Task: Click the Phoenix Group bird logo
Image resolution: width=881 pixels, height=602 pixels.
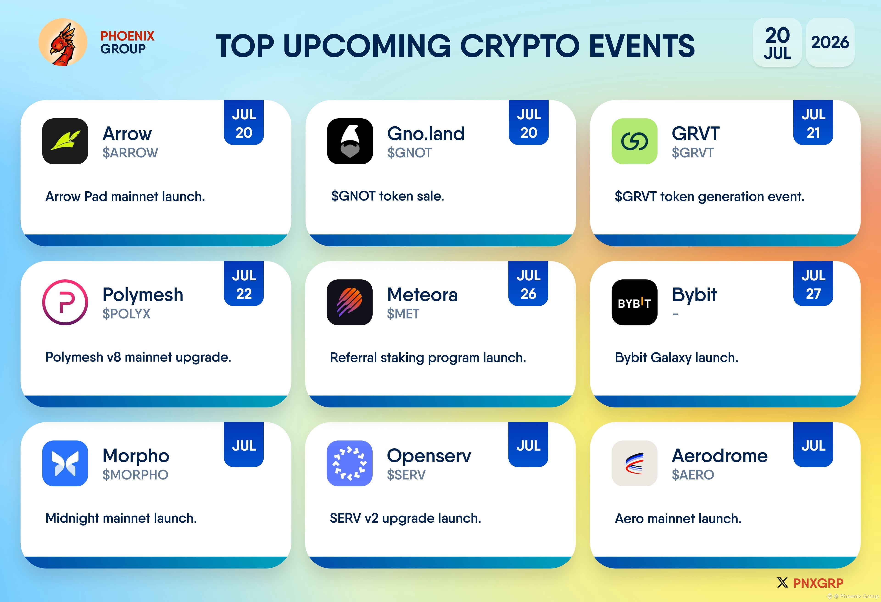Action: point(63,42)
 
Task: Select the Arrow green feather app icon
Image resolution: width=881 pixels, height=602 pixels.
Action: point(65,141)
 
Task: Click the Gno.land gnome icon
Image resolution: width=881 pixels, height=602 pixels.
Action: point(350,141)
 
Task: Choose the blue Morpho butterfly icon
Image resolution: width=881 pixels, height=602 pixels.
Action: point(65,463)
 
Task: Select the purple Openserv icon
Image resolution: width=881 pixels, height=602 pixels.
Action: point(349,463)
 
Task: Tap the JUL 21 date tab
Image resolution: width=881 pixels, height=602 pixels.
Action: point(813,123)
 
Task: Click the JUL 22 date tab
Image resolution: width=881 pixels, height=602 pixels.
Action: point(244,284)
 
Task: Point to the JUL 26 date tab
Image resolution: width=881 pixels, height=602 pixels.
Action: point(528,284)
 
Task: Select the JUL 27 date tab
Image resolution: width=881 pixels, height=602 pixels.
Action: point(813,284)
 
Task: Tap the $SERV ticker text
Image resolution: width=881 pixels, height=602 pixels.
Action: point(406,475)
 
